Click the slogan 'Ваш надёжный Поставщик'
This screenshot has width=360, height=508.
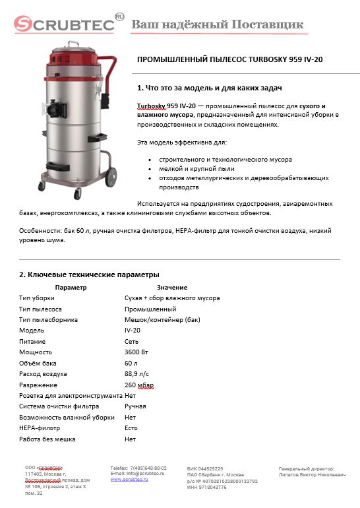[218, 24]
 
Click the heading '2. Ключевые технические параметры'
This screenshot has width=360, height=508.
[89, 274]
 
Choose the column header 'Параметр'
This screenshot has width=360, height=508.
[71, 288]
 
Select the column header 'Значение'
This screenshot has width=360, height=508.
[172, 288]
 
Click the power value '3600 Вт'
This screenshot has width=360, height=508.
[137, 352]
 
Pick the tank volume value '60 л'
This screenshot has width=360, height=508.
[131, 363]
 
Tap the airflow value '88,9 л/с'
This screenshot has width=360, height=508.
[137, 374]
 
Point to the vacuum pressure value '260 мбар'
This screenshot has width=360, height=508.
[138, 385]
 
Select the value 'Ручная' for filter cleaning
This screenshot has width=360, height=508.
[135, 406]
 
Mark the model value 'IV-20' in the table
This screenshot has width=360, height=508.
[133, 331]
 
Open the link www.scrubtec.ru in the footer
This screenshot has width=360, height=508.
[129, 479]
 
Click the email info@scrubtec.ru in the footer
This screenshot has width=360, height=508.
[138, 473]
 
